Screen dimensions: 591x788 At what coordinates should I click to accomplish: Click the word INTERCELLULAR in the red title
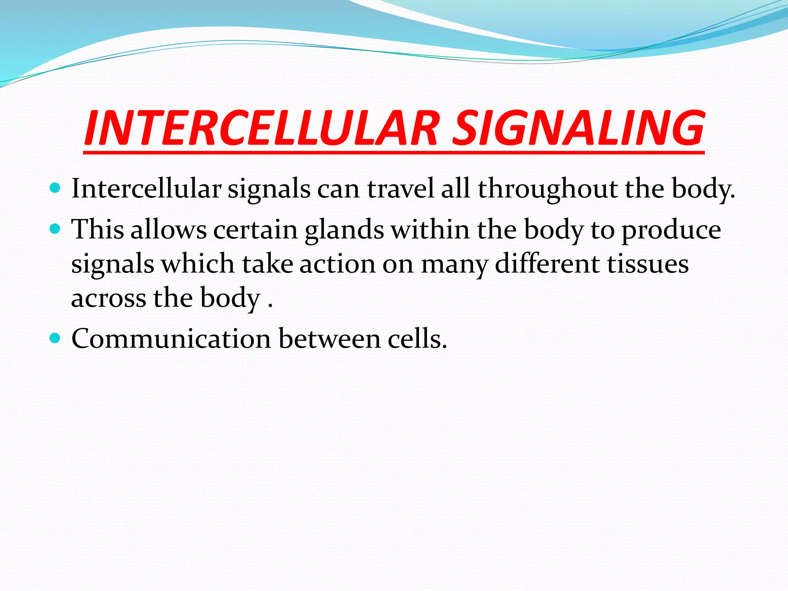coord(262,128)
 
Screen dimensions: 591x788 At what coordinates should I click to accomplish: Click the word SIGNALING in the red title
coord(577,128)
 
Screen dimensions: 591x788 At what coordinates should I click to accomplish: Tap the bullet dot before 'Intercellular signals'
coord(55,188)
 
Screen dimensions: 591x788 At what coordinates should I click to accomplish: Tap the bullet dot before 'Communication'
coord(55,338)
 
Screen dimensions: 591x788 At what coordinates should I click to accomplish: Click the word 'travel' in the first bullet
coord(401,189)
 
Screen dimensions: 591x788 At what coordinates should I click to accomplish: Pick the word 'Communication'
coord(171,339)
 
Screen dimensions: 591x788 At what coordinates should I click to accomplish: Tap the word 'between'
coord(329,339)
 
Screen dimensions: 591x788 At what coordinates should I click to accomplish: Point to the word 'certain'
coord(255,230)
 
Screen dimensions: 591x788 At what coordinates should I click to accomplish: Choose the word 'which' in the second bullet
coord(198,264)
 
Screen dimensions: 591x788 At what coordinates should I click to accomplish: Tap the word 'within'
coord(430,230)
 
